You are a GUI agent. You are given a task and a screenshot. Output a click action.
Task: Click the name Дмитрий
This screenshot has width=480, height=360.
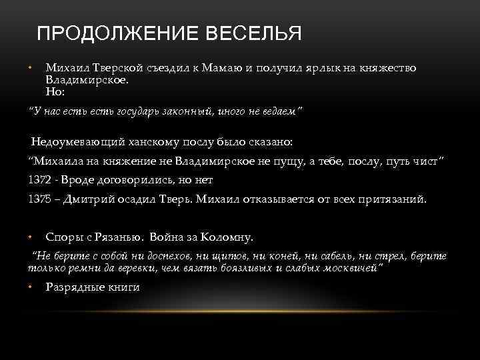click(x=97, y=199)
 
